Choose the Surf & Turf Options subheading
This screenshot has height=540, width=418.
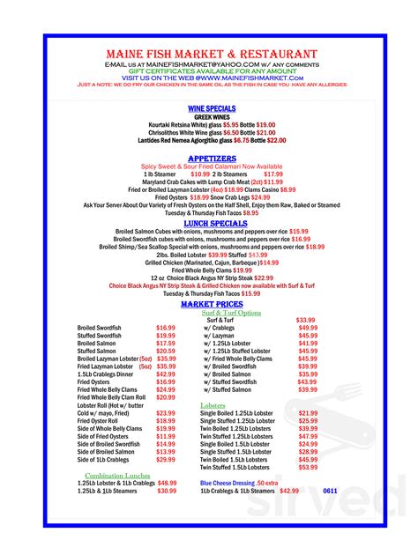[x=231, y=313]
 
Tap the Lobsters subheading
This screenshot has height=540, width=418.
[x=213, y=404]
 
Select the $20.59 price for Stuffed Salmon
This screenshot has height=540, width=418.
[x=166, y=351]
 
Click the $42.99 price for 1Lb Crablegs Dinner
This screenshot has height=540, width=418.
[x=166, y=374]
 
